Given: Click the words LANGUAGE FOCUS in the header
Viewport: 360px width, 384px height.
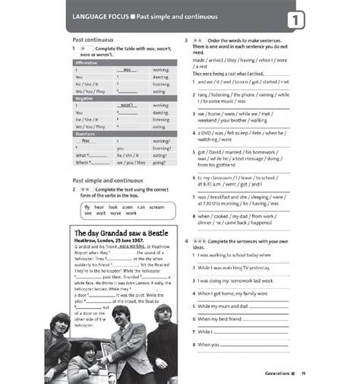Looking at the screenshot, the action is click(x=99, y=15).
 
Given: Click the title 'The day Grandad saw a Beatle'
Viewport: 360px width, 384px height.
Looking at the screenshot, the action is click(x=119, y=231).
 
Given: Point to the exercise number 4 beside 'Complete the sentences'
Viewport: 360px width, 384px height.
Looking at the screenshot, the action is click(x=187, y=240).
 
